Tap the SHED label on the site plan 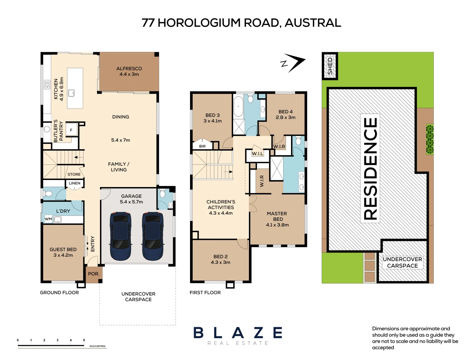click(330, 66)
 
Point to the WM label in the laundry click(49, 219)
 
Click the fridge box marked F click(71, 130)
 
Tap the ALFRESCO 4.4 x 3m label click(129, 71)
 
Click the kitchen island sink click(71, 93)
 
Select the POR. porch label click(94, 274)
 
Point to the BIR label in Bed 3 click(202, 146)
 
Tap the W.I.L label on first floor click(258, 154)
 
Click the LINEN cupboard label click(75, 183)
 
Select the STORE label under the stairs click(74, 174)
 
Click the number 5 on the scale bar click(84, 340)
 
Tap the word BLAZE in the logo click(238, 333)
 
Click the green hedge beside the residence click(430, 139)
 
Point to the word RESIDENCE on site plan click(370, 168)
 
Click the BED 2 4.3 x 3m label click(221, 259)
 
